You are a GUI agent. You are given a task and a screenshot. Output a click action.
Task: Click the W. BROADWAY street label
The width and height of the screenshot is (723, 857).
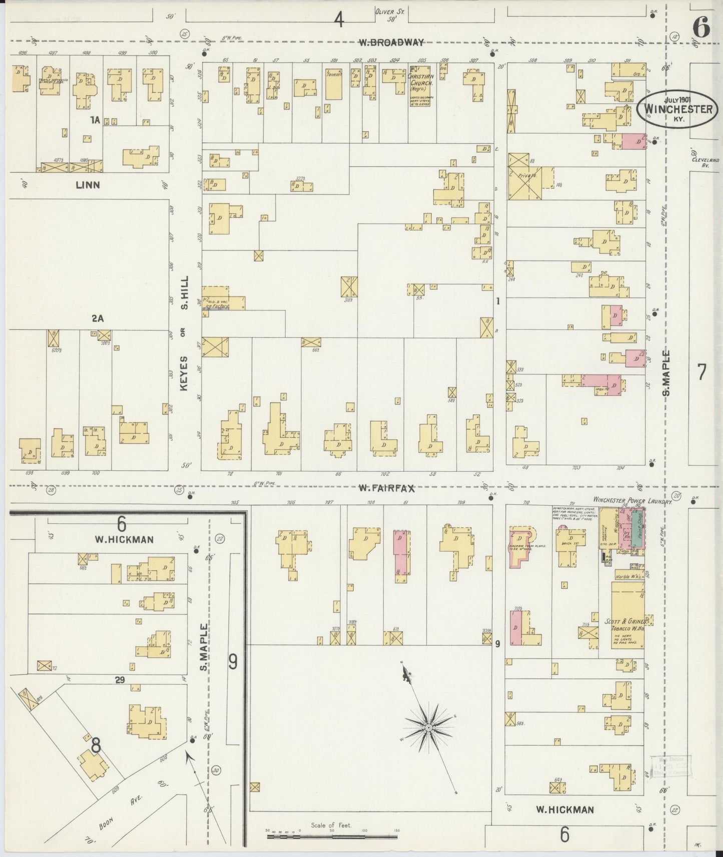(x=392, y=43)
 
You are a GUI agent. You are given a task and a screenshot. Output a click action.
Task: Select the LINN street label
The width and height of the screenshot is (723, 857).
(x=88, y=185)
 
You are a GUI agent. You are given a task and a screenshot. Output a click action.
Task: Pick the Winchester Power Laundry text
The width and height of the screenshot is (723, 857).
(x=632, y=499)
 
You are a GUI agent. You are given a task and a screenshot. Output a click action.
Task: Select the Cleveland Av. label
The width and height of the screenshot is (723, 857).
(x=705, y=162)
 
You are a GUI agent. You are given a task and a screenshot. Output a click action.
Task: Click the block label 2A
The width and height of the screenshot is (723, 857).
(x=97, y=318)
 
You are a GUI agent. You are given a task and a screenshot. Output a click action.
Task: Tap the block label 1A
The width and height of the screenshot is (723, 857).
(x=95, y=119)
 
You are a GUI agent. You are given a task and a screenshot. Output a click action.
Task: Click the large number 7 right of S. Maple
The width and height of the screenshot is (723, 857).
(x=701, y=372)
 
